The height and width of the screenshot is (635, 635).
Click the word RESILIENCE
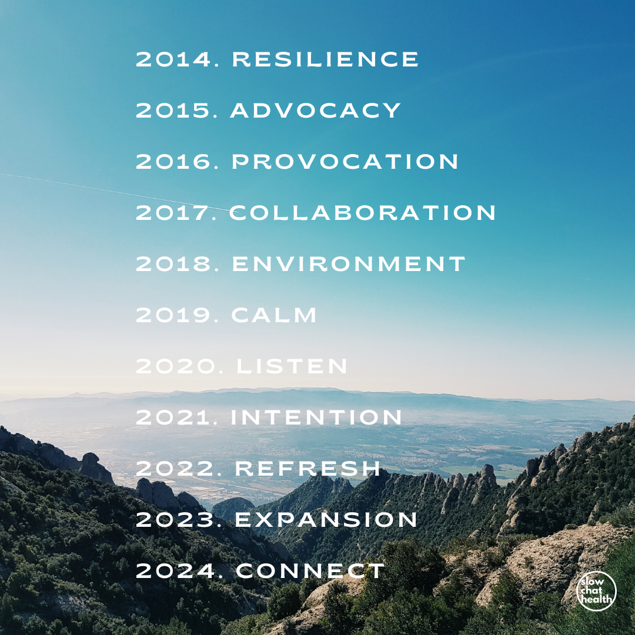coord(325,59)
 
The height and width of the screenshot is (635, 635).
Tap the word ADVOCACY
coord(316,110)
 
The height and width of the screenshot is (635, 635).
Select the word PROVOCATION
coord(345,162)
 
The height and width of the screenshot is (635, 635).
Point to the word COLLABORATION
coord(362,213)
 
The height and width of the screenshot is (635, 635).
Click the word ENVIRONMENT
coord(349,264)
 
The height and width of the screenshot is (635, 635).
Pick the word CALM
coord(274,315)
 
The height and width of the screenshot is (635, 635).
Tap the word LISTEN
coord(292,366)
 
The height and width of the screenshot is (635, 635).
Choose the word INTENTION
coord(316,417)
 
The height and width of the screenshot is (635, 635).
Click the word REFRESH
coord(308,469)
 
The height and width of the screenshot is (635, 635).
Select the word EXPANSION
coord(326,520)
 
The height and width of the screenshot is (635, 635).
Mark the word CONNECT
coord(310,571)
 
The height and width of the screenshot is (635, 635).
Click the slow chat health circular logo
coord(596,591)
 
